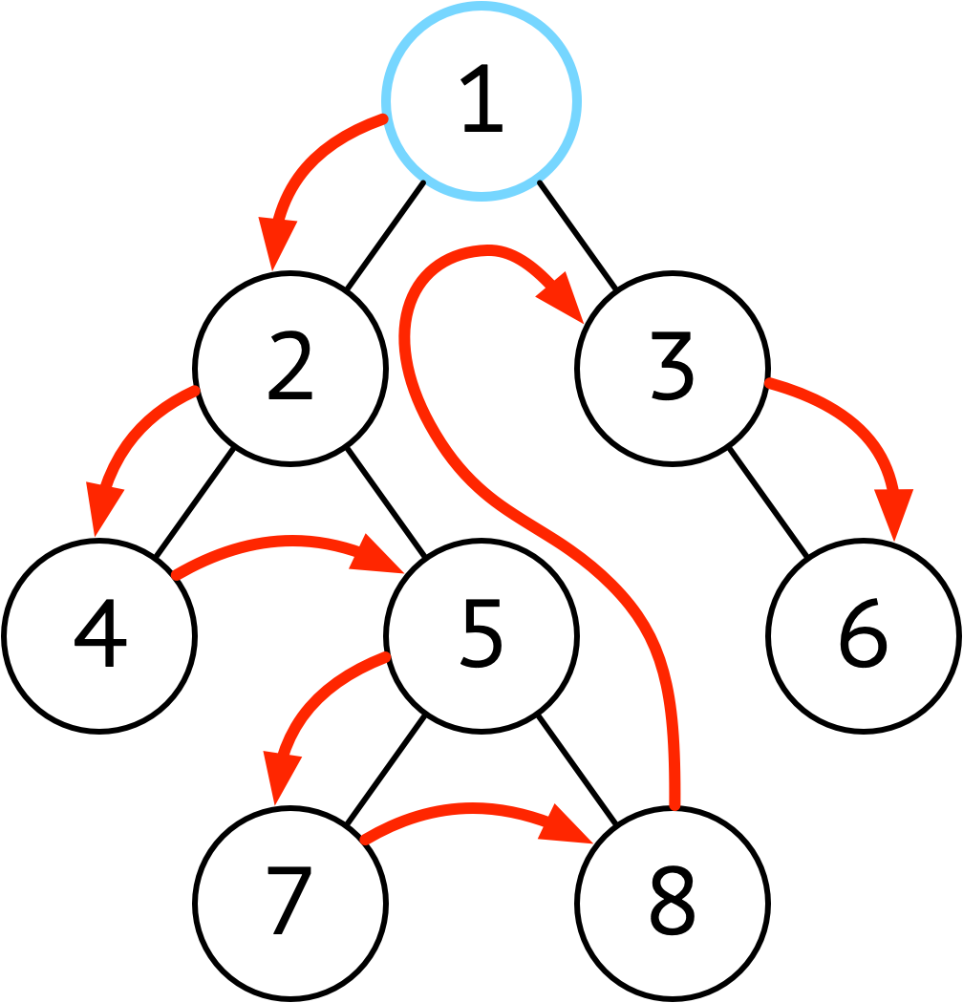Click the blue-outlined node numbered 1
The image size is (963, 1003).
pos(481,101)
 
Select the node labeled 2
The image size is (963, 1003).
pos(290,369)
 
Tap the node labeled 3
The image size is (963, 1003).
pos(672,369)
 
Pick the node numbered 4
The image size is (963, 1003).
pos(98,636)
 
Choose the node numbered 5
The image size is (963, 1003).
pos(481,634)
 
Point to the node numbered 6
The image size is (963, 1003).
pos(864,636)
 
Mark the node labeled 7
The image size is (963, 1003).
pos(290,904)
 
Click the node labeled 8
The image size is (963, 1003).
pos(672,904)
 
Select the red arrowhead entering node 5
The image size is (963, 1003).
pos(377,554)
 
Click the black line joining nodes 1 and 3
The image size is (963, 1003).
pos(578,235)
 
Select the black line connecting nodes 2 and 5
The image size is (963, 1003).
pos(386,502)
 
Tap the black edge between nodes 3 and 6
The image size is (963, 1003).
pos(768,502)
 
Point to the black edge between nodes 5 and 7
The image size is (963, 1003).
pos(385,770)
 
